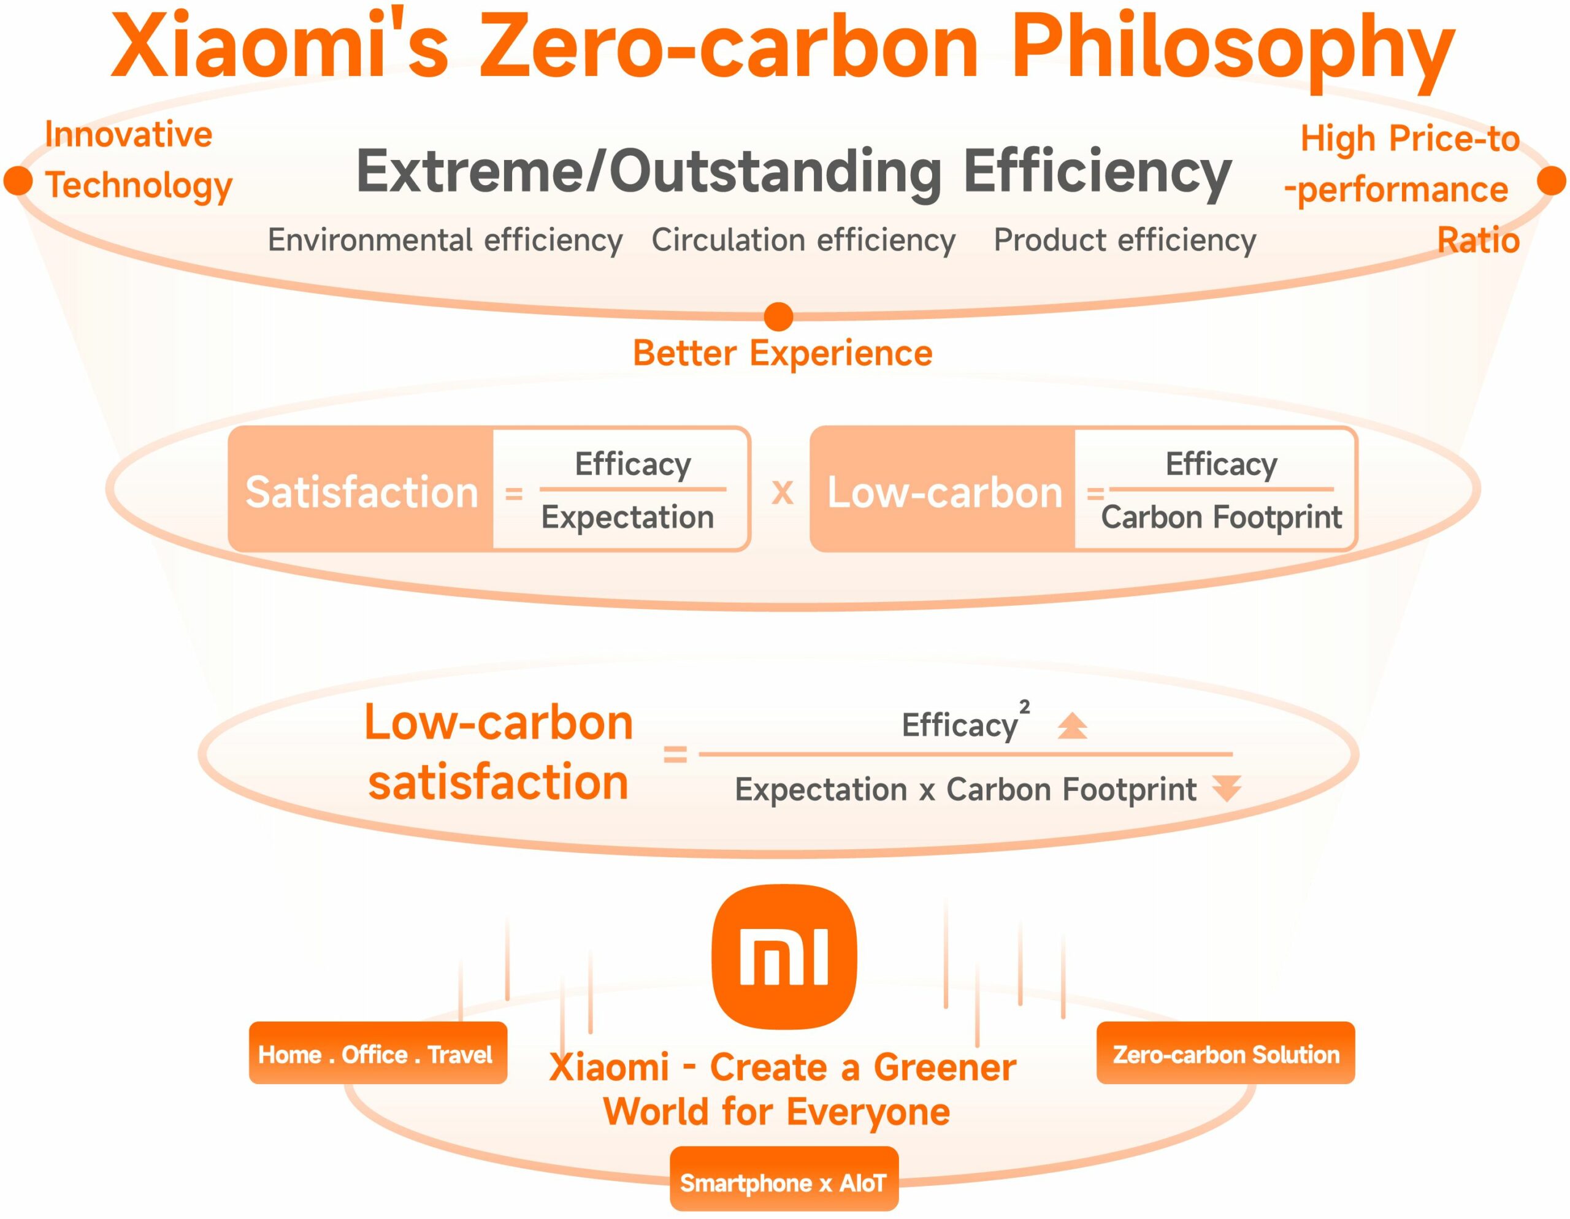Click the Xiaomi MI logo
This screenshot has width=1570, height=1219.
point(784,957)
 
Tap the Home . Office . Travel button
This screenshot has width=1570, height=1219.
point(377,1053)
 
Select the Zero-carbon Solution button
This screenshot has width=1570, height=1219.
point(1225,1053)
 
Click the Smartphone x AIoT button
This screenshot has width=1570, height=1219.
point(784,1182)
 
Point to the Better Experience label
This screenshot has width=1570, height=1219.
point(782,353)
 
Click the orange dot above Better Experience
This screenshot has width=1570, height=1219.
point(778,316)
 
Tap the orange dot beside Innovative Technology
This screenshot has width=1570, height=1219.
point(18,180)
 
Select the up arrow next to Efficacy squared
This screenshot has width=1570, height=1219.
point(1072,726)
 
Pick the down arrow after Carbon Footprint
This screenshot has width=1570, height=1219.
point(1227,789)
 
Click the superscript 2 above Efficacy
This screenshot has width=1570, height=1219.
point(1024,706)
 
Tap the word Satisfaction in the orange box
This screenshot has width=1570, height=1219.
point(362,492)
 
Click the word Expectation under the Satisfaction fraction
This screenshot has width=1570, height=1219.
point(627,518)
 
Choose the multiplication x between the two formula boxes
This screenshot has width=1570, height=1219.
point(782,493)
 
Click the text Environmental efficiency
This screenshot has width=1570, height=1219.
point(445,240)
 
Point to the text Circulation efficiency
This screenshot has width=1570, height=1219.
point(803,240)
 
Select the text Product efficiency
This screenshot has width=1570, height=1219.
point(1124,240)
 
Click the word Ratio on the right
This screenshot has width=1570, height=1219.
point(1478,240)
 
